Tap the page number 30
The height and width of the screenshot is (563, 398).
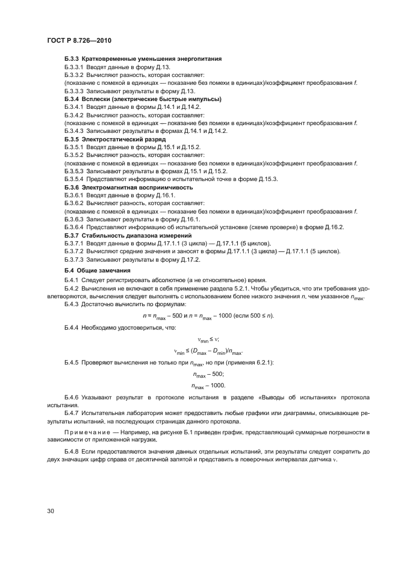tap(51, 512)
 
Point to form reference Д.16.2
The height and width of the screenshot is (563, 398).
tap(334, 227)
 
